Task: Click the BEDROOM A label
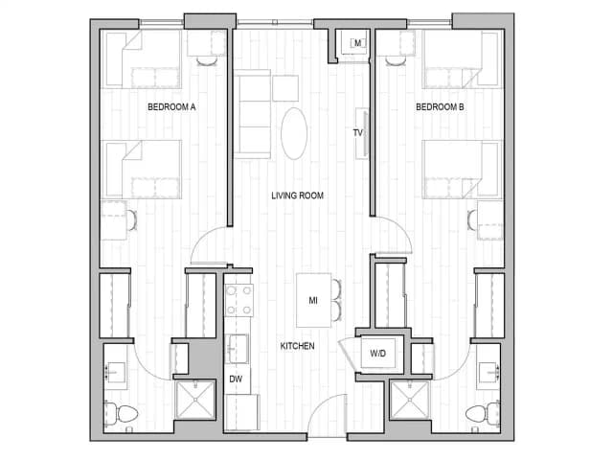[172, 107]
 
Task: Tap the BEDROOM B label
[440, 107]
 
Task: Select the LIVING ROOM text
[297, 195]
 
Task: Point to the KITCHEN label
[297, 345]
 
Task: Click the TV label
[358, 133]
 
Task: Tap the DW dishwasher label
[236, 379]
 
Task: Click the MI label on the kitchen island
[312, 300]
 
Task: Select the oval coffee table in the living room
[295, 132]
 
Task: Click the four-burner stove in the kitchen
[238, 301]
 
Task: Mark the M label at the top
[356, 43]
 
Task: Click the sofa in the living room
[254, 115]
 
